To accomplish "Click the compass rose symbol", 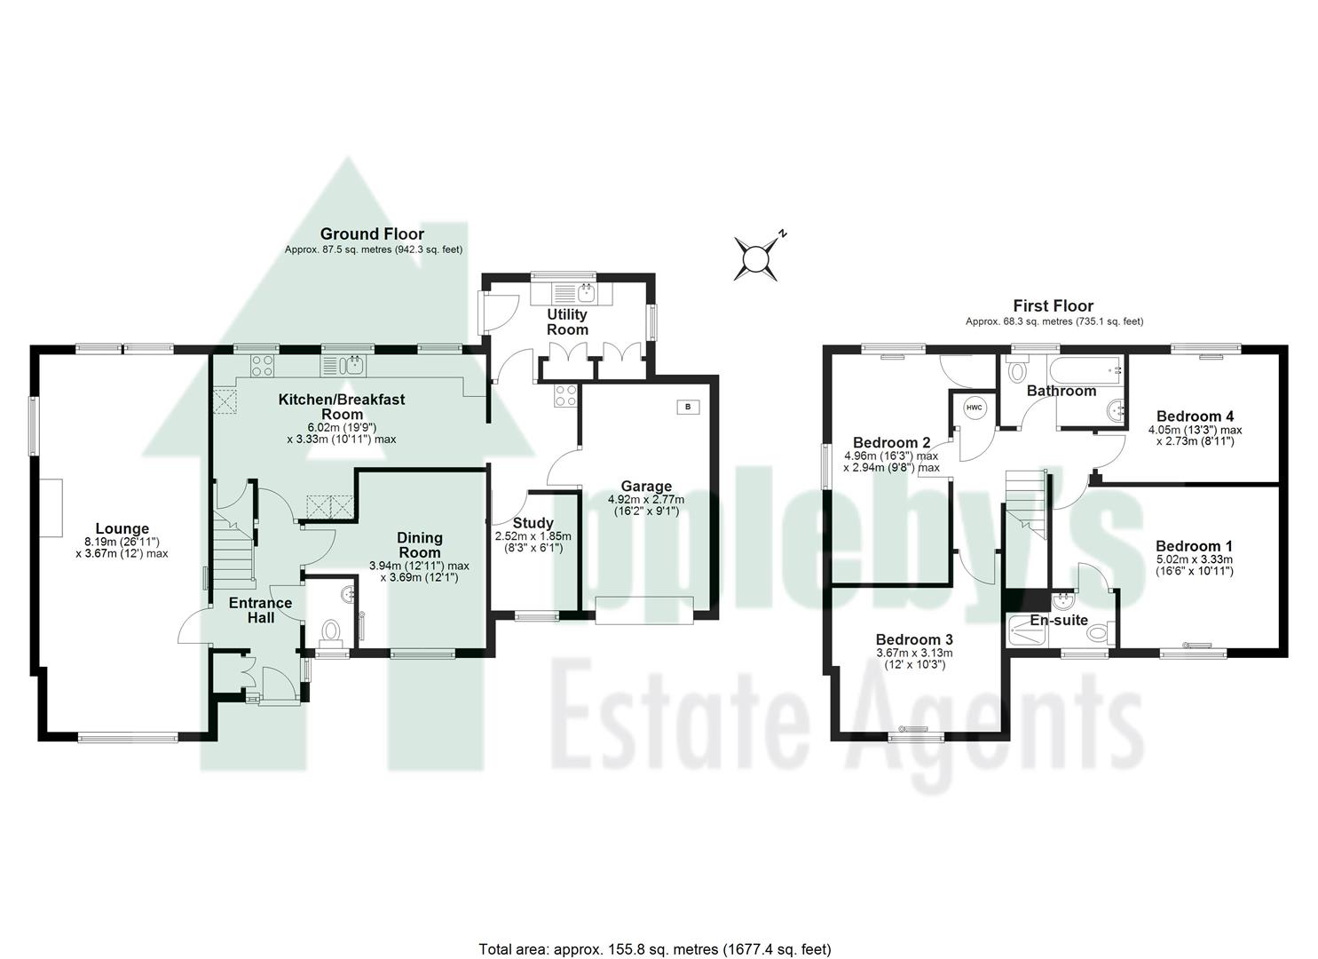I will tap(755, 258).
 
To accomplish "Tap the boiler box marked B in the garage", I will tap(688, 407).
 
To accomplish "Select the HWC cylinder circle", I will tap(975, 408).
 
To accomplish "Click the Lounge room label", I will tap(122, 529).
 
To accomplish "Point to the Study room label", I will tap(533, 523).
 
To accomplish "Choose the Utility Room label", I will tap(567, 321).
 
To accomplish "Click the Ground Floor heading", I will tap(373, 234).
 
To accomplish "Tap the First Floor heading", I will tap(1054, 306).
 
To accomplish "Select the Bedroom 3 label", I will tap(914, 639).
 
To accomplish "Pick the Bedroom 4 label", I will tap(1195, 416).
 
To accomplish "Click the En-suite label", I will tap(1058, 620).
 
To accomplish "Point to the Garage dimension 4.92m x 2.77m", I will tap(646, 500).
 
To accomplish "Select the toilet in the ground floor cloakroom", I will tap(331, 632).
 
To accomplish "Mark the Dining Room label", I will tap(420, 544).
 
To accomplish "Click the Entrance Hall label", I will tap(260, 609).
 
